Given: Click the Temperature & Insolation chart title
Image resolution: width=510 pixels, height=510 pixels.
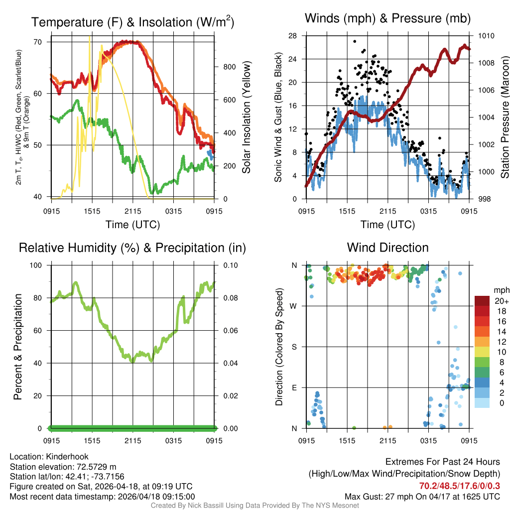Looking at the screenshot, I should [132, 22].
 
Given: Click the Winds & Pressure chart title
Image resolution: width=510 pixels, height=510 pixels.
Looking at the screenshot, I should [387, 18].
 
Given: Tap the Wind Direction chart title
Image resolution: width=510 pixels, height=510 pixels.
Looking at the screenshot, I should [387, 248].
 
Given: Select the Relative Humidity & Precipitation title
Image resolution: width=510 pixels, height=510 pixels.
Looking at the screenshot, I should [132, 248].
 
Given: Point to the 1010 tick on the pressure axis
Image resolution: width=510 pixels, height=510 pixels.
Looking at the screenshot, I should [486, 36].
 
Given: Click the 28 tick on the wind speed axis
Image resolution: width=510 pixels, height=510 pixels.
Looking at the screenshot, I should [293, 36].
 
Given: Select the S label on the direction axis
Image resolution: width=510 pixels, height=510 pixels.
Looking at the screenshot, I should [294, 347].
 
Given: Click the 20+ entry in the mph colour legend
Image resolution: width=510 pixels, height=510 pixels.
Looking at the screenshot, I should [499, 301].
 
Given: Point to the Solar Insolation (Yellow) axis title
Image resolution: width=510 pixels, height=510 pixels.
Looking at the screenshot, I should [246, 118].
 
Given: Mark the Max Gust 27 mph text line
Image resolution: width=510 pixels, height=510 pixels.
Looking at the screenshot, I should [422, 496].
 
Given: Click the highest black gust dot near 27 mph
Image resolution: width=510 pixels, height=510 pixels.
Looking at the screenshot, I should [355, 41].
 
